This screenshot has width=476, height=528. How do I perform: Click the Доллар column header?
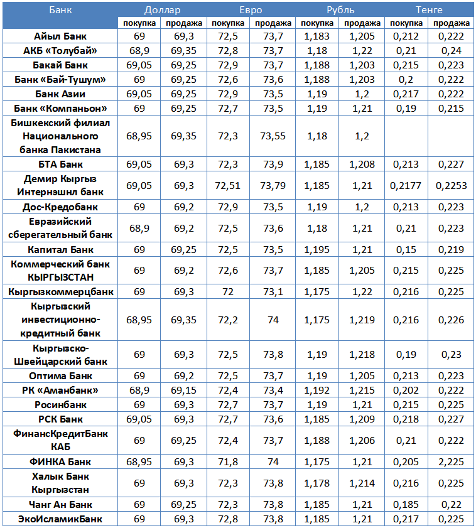[x=161, y=10]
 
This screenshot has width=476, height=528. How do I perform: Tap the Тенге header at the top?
[x=429, y=10]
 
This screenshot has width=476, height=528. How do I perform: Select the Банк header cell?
[x=60, y=10]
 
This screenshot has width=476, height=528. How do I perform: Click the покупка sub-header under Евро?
[x=228, y=23]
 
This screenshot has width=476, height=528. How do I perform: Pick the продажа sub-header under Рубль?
[x=362, y=23]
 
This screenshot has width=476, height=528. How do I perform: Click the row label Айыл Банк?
[x=60, y=36]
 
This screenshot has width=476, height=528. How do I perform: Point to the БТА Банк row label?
[x=60, y=164]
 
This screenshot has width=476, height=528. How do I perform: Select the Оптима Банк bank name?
[x=60, y=376]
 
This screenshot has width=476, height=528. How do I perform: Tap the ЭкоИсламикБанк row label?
[x=60, y=519]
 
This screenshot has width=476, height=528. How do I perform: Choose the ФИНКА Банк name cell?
[x=60, y=462]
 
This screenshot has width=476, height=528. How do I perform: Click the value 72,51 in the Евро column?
[x=228, y=186]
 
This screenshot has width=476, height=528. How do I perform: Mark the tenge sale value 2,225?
[x=452, y=462]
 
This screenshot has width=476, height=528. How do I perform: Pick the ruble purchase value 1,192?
[x=317, y=391]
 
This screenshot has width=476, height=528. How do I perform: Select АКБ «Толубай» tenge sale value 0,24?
[x=452, y=51]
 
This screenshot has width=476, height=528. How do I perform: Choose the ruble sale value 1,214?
[x=362, y=483]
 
